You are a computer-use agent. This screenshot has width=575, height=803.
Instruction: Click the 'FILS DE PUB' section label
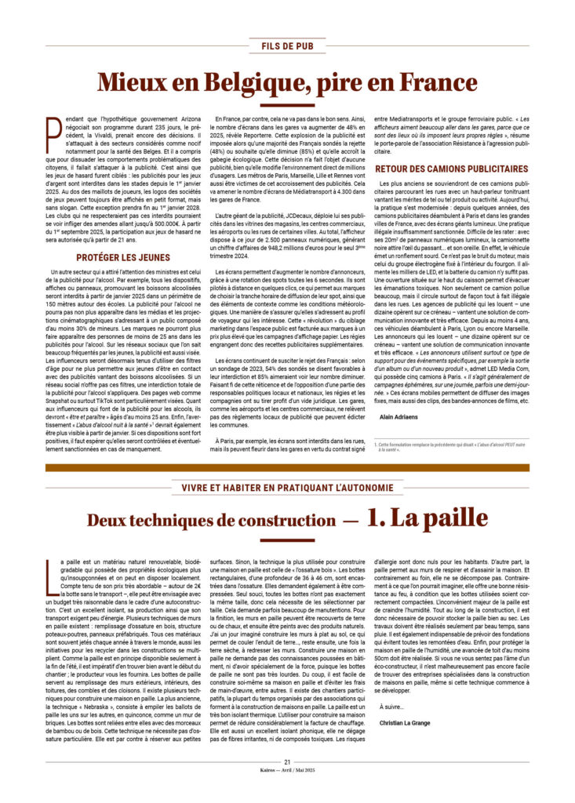(x=287, y=45)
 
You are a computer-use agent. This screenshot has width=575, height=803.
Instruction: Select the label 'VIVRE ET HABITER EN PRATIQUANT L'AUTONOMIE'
(x=287, y=488)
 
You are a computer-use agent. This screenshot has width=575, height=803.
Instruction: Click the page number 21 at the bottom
(x=288, y=761)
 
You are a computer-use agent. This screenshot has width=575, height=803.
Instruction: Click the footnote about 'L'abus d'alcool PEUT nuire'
(x=424, y=448)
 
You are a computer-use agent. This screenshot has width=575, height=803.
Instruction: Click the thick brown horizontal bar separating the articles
(x=287, y=467)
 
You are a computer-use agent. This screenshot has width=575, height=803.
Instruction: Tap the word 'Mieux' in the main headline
(x=134, y=82)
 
